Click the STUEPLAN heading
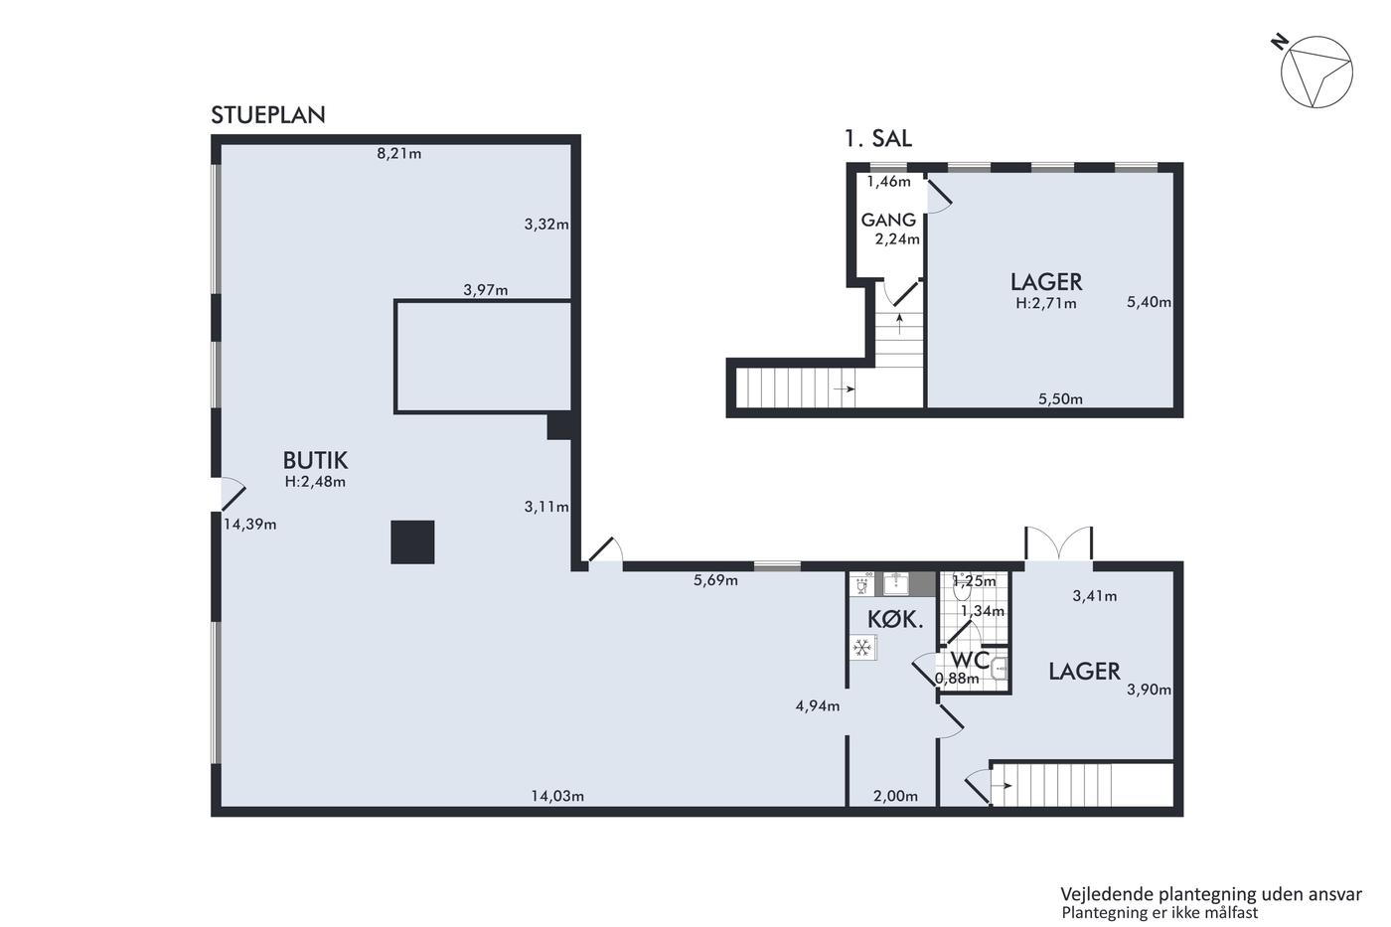point(267,115)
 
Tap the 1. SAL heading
point(877,138)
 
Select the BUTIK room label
point(315,461)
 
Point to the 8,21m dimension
point(398,153)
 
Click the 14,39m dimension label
point(249,525)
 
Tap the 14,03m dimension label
point(557,796)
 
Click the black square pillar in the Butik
point(412,542)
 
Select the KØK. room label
point(895,619)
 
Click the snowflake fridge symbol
point(862,648)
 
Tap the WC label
point(970,660)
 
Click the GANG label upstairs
point(888,220)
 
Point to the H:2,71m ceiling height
point(1045,304)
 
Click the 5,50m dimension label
point(1060,399)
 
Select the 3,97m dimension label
point(485,290)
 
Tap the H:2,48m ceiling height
point(315,482)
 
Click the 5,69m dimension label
point(715,580)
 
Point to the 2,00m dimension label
point(895,797)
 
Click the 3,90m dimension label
point(1149,690)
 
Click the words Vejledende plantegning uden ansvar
point(1211,894)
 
